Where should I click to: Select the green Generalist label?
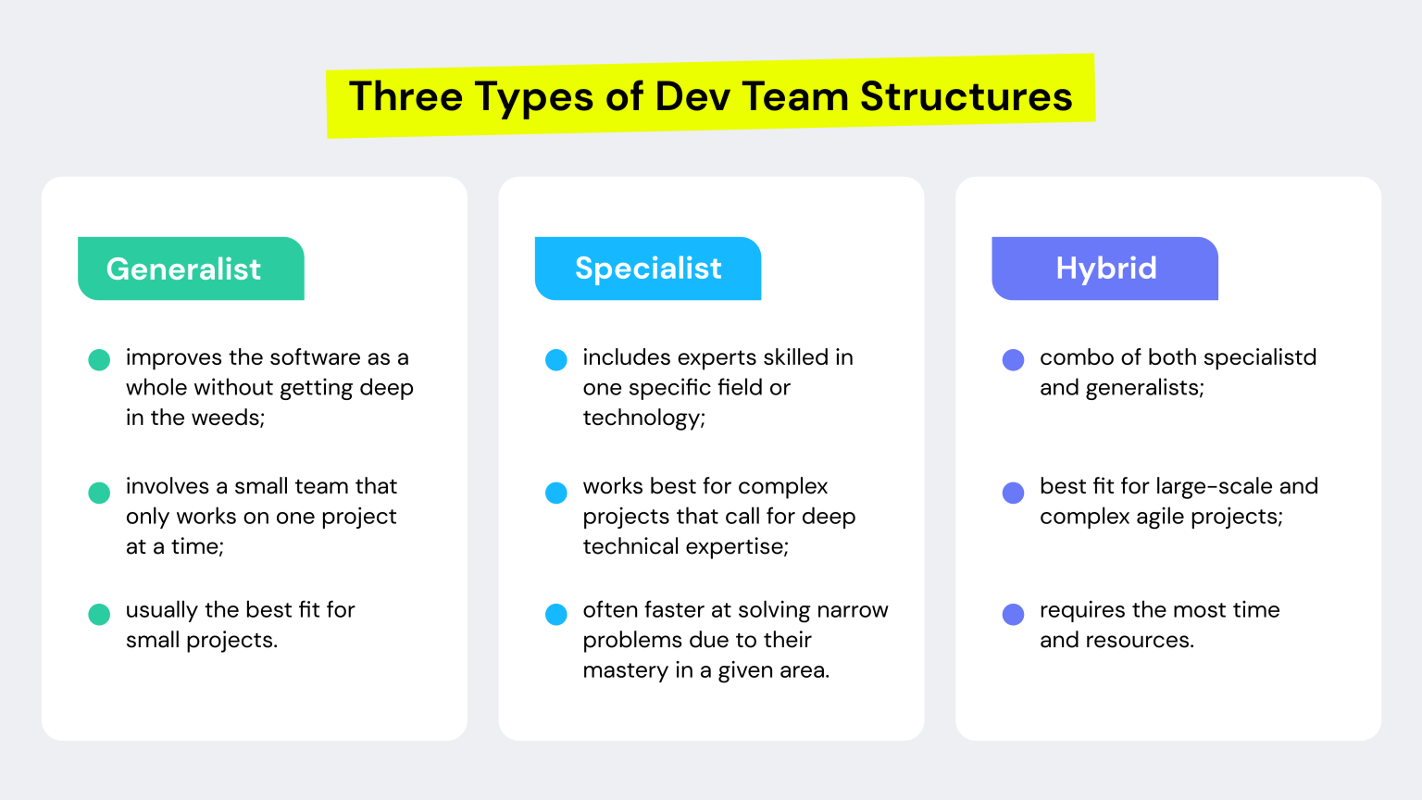[x=191, y=269]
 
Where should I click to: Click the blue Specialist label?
[x=648, y=269]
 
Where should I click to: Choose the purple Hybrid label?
[x=1105, y=269]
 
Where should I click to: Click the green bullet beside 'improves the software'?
[x=99, y=360]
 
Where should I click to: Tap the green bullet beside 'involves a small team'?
[x=99, y=493]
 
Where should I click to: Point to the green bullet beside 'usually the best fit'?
[x=99, y=615]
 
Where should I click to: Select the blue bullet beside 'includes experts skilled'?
[x=556, y=360]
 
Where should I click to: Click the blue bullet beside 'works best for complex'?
[x=556, y=493]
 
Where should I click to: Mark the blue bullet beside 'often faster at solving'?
[x=556, y=615]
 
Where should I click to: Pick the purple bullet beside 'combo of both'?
[x=1014, y=360]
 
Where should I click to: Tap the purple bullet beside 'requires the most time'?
[x=1014, y=615]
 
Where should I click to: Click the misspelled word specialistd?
[x=1260, y=358]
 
